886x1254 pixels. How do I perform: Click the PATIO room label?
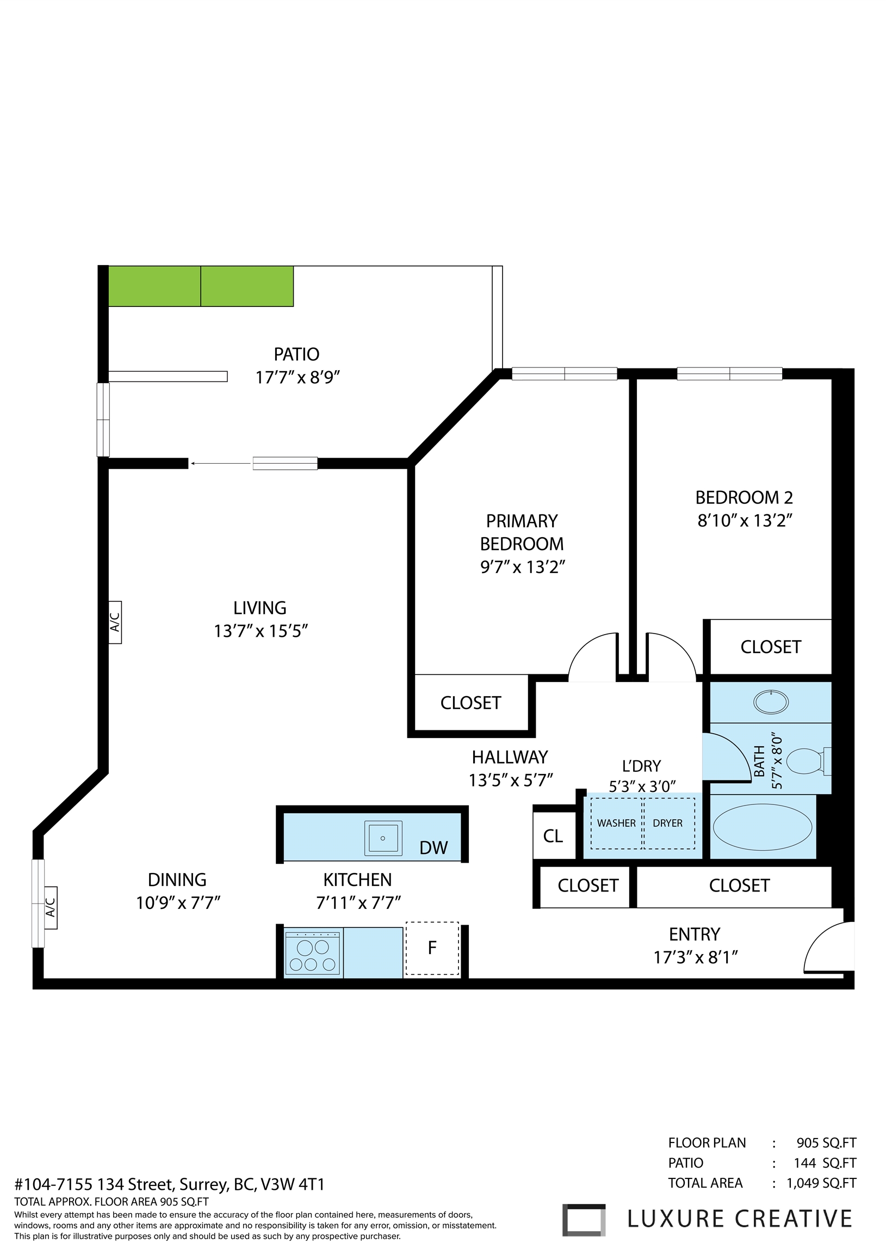[296, 354]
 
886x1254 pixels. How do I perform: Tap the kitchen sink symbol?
[383, 838]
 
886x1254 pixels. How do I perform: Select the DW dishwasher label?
[433, 847]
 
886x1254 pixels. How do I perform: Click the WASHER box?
[616, 823]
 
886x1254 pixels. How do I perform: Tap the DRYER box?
[668, 823]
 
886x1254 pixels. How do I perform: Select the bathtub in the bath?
[762, 827]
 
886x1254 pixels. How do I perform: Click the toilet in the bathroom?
[807, 761]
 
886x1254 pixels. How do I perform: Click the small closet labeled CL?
[553, 836]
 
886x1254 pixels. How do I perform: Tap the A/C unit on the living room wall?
[115, 622]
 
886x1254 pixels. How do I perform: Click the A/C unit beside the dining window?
[50, 908]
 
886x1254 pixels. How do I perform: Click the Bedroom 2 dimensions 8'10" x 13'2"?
[745, 520]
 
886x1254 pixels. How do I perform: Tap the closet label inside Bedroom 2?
[770, 647]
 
